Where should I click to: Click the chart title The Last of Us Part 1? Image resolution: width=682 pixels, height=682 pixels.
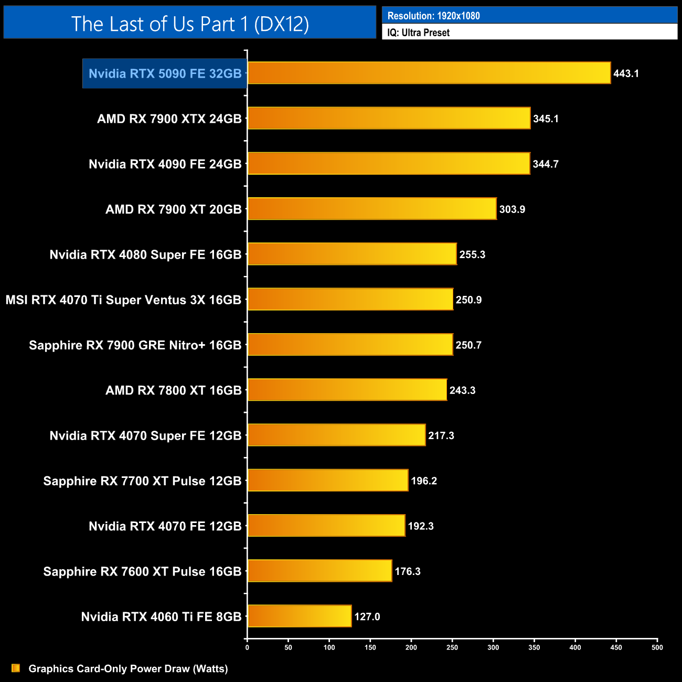point(190,24)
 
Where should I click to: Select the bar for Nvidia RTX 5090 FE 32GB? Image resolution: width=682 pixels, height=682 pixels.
point(429,73)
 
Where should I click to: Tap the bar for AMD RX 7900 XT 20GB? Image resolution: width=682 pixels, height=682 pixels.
point(372,209)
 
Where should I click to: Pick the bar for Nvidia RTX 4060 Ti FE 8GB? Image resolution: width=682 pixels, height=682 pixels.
point(300,616)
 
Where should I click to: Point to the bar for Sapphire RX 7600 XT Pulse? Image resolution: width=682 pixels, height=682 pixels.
point(320,571)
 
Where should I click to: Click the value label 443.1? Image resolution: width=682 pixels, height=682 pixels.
point(626,73)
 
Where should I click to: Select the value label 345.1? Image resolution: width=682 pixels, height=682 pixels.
point(546,119)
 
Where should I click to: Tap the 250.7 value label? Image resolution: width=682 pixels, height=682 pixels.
point(468,345)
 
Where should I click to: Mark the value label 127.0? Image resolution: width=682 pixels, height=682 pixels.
point(367,616)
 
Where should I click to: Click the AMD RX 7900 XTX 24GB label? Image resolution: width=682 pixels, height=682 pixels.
point(169,119)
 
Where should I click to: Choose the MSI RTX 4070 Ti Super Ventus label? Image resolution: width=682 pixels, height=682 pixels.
point(123,300)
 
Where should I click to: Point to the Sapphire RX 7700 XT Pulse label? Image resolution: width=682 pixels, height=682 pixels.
point(142,481)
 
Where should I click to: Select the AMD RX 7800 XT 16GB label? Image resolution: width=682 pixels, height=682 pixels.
point(174,390)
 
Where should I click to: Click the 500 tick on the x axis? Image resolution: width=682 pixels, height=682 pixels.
point(657,647)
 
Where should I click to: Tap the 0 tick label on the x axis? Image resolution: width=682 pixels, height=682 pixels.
point(247,647)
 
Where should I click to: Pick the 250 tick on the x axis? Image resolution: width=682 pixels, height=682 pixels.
point(452,647)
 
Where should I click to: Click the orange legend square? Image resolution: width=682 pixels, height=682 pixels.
point(16,668)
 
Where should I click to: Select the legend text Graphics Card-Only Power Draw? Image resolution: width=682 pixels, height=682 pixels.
point(128,668)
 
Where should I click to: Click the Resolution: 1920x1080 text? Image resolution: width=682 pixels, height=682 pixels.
point(433,16)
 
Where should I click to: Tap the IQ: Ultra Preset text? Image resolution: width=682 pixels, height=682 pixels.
point(418,33)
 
